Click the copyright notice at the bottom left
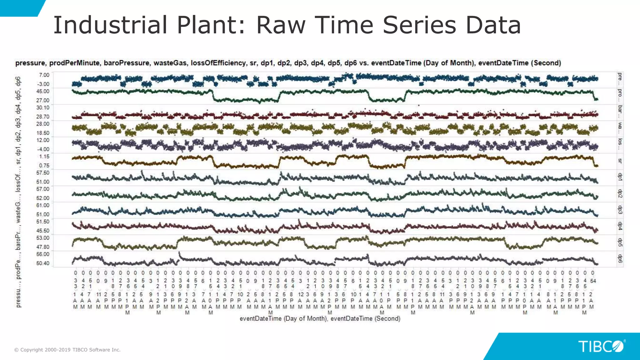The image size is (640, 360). click(x=67, y=350)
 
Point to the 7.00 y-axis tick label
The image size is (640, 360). click(x=44, y=75)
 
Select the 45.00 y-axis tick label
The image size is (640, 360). click(x=43, y=91)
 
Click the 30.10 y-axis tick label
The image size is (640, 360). click(x=43, y=107)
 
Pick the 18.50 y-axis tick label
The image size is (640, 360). click(x=43, y=133)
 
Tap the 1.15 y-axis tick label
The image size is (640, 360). click(x=44, y=156)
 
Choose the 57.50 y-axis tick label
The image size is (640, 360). click(x=43, y=172)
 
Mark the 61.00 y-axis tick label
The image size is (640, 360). click(x=43, y=205)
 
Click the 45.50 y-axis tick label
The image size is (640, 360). click(x=43, y=231)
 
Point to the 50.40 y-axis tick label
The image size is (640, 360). click(x=43, y=263)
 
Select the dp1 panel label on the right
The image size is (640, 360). click(x=620, y=177)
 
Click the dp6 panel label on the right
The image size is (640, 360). click(x=620, y=258)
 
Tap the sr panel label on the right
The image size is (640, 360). click(x=620, y=161)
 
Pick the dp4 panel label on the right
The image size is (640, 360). click(x=620, y=226)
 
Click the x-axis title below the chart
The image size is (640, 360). click(x=320, y=318)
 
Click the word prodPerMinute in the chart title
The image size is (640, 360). click(x=75, y=63)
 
